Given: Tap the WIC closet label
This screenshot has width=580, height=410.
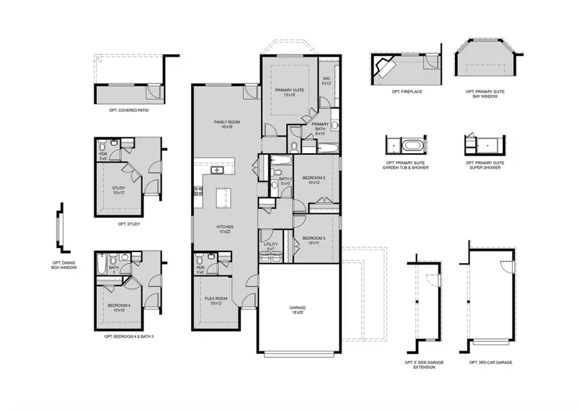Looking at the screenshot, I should coord(326,81).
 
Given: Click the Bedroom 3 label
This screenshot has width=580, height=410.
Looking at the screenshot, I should coord(315,241).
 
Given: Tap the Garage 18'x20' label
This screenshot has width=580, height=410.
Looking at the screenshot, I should coord(297,310).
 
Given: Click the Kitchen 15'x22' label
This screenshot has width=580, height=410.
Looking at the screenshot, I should coord(225,229).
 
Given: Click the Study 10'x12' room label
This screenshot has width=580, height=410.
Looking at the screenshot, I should coord(118,191).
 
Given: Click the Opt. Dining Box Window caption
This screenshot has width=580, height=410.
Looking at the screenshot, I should coord(65,265).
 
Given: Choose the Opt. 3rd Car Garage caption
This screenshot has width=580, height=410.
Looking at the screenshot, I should coord(491,362).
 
